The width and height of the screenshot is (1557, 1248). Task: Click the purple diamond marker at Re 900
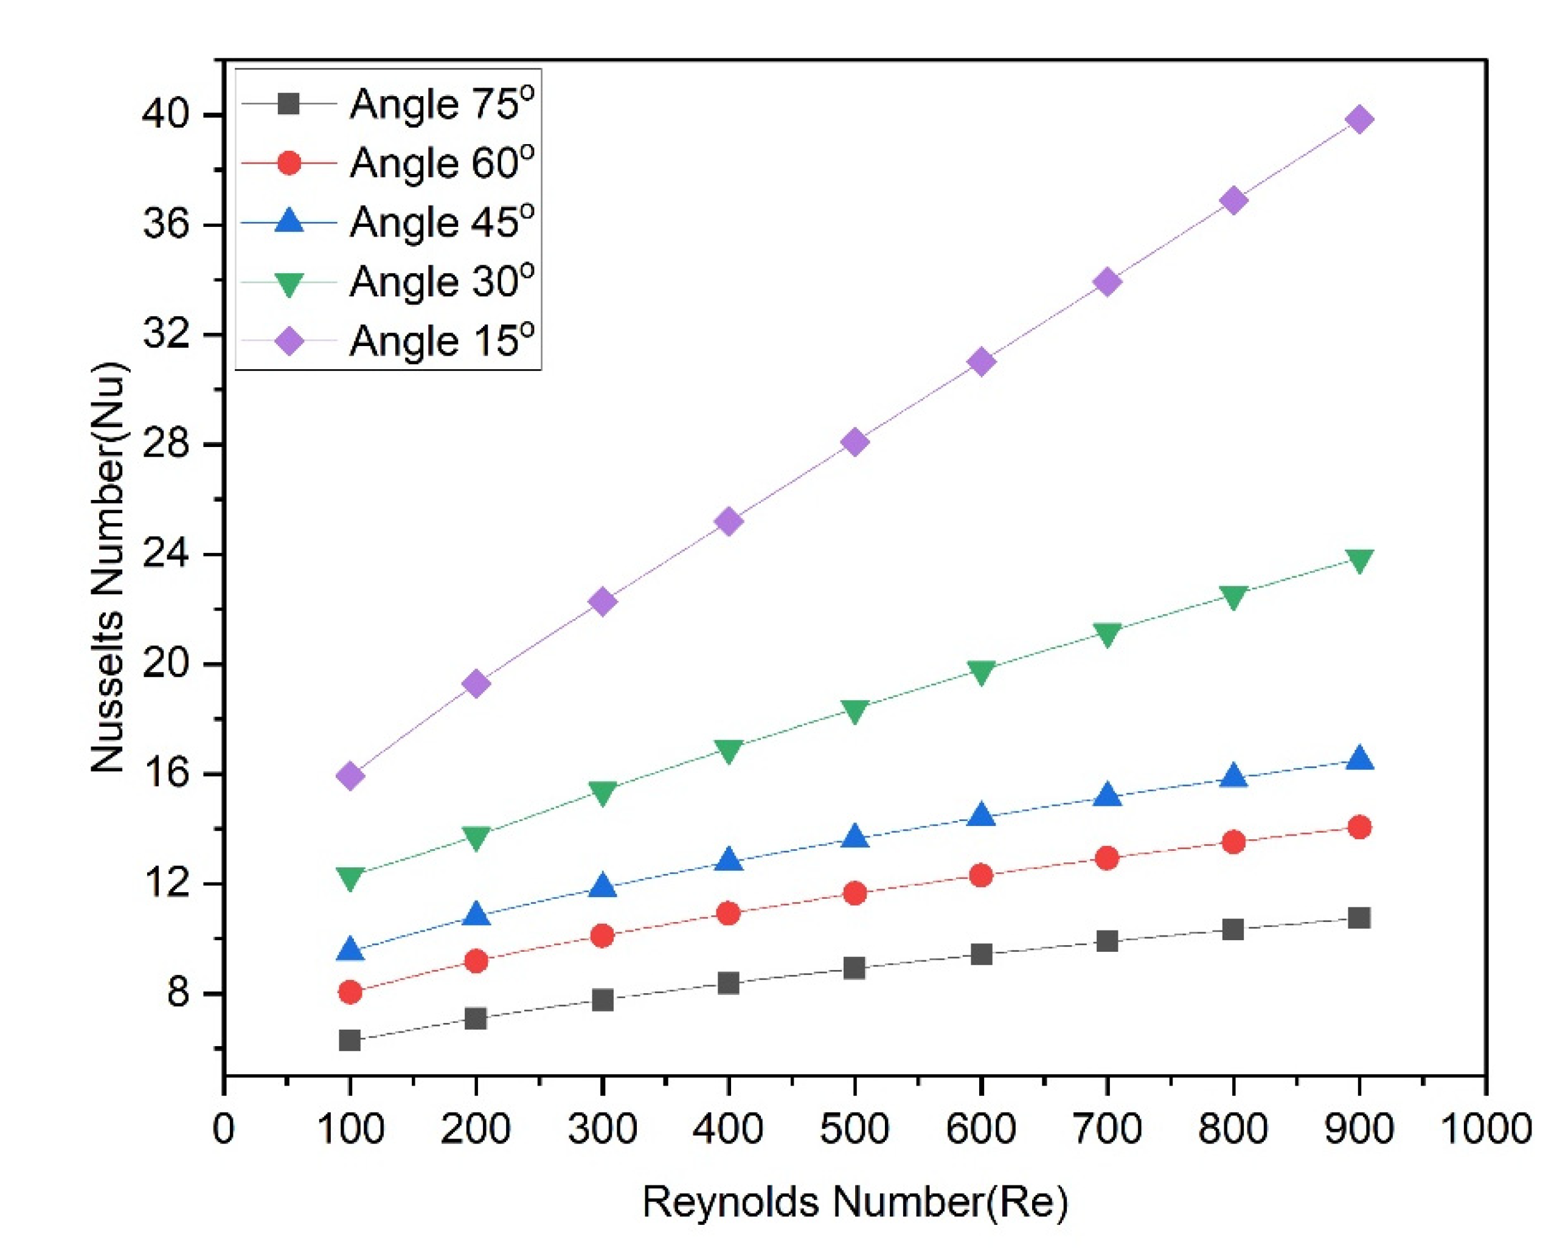[x=1359, y=119]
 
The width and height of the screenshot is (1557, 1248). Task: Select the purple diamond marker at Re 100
[x=350, y=775]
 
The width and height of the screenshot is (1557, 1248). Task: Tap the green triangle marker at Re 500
[x=855, y=710]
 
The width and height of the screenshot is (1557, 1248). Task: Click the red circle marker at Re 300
[x=602, y=936]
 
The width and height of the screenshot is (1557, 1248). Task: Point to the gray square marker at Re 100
[x=350, y=1040]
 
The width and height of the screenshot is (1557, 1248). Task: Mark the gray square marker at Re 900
[x=1359, y=918]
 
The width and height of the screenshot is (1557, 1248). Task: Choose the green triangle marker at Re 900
[x=1359, y=561]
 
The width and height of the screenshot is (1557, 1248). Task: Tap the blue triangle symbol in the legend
[x=289, y=220]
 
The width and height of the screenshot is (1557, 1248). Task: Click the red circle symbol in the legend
[x=289, y=163]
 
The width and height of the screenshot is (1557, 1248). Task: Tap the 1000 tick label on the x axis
[x=1485, y=1128]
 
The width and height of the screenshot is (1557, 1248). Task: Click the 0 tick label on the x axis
[x=224, y=1128]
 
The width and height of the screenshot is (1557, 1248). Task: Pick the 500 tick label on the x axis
[x=855, y=1128]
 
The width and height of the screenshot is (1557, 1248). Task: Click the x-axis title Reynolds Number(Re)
[x=855, y=1202]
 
